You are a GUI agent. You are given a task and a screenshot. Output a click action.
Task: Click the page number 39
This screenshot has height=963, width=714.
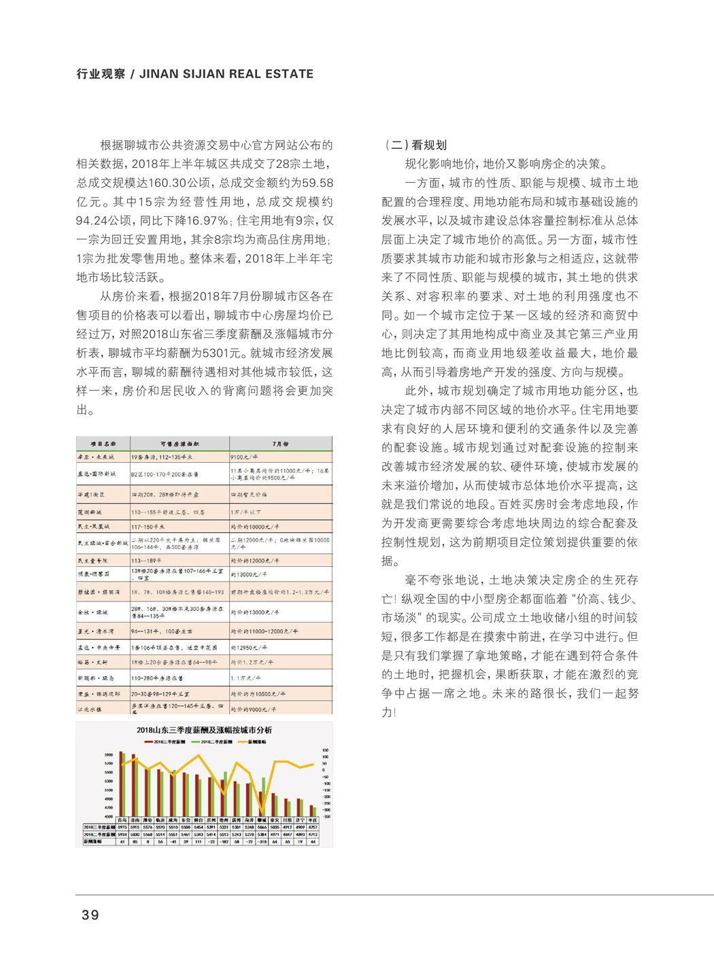[x=90, y=915]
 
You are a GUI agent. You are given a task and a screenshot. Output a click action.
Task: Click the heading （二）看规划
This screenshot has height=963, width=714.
[x=415, y=145]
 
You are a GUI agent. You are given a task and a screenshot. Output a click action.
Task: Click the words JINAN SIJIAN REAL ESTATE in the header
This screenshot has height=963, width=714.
[x=226, y=74]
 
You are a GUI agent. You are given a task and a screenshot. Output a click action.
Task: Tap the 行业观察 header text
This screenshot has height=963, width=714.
[x=100, y=74]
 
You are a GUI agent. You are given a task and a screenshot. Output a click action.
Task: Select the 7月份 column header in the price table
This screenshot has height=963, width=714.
[x=280, y=444]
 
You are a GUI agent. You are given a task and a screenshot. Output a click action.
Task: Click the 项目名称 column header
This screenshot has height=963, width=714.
[x=103, y=444]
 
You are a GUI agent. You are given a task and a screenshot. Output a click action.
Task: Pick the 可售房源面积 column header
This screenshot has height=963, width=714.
[x=180, y=444]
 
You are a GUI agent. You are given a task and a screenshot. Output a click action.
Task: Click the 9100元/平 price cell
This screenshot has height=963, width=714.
[x=245, y=457]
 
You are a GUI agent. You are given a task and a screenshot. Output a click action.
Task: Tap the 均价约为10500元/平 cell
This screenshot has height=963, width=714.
[x=258, y=694]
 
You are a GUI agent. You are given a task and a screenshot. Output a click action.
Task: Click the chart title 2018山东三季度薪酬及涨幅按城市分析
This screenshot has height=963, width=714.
[x=204, y=730]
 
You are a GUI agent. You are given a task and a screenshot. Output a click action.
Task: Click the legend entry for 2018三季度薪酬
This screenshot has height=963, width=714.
[x=163, y=741]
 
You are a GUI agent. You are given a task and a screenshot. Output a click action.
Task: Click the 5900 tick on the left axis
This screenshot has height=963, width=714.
[x=109, y=754]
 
